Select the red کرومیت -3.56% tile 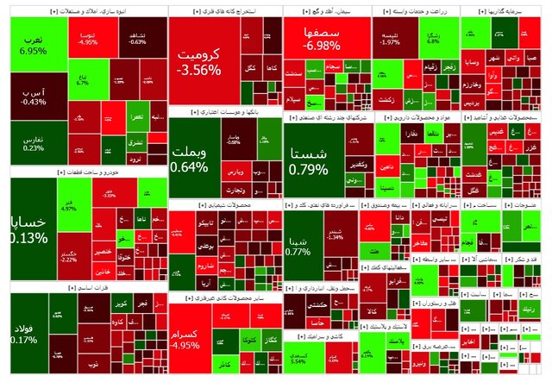tap(199, 60)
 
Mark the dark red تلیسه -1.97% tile tap(391, 38)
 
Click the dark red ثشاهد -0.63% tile tap(137, 38)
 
